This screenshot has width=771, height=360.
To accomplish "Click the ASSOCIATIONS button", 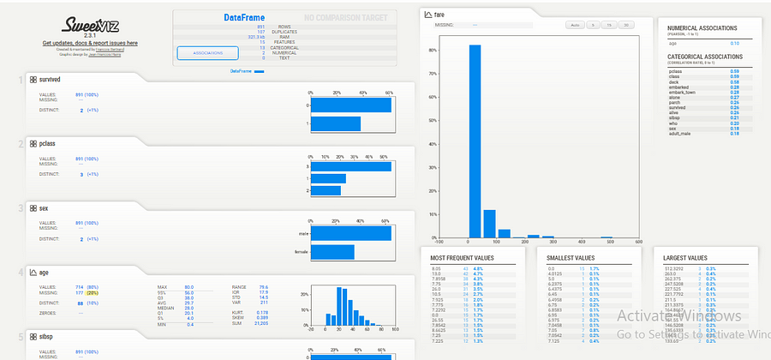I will [207, 52].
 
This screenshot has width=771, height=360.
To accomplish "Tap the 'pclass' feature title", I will [47, 144].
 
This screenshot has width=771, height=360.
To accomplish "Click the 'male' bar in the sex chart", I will [350, 232].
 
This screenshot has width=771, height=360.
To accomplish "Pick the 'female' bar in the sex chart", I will [332, 252].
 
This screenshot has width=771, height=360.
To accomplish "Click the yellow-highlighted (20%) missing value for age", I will [92, 292].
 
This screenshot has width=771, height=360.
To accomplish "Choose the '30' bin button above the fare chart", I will [627, 25].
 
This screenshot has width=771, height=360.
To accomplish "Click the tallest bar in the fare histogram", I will [474, 141].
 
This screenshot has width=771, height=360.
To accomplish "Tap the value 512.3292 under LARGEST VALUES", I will [676, 268].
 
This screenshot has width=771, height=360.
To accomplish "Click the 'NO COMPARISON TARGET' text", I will [351, 17].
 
